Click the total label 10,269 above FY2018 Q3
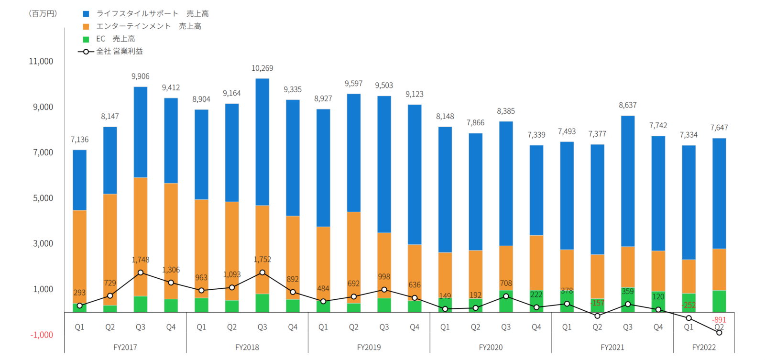click(262, 68)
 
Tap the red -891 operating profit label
click(719, 320)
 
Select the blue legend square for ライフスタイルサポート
click(86, 14)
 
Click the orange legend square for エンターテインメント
click(86, 26)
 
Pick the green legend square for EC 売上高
click(86, 39)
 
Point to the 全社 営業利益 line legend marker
click(86, 52)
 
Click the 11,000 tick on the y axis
click(41, 61)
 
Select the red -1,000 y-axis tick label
click(42, 335)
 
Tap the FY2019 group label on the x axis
click(369, 348)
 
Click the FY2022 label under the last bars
click(704, 348)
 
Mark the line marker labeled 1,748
click(141, 273)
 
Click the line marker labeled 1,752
click(262, 273)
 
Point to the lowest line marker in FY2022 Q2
click(719, 333)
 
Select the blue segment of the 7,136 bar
click(79, 180)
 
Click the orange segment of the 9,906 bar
click(141, 237)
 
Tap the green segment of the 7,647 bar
click(719, 301)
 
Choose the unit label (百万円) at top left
click(43, 14)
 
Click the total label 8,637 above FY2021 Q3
click(627, 105)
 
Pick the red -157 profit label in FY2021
click(597, 303)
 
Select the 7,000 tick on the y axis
click(43, 153)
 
